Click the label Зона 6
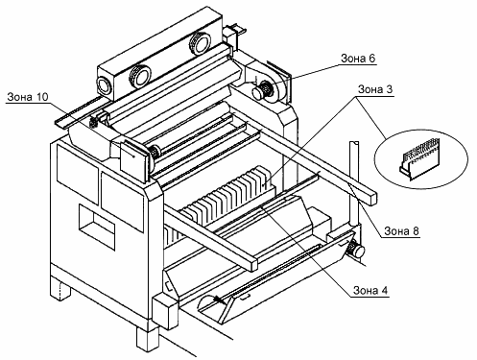coord(358,59)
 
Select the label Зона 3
coord(375,89)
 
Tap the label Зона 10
coord(28,97)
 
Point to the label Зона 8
coord(401,230)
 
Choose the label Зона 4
coord(370,290)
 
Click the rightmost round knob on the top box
coord(200,44)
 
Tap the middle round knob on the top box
coord(139,77)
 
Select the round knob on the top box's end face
coord(105,86)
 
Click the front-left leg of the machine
coord(60,288)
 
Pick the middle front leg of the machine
coord(148,339)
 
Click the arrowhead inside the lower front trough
coord(219,300)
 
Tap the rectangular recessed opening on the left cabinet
coord(97,227)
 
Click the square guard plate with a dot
coord(133,157)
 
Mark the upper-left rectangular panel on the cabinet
coord(77,174)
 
